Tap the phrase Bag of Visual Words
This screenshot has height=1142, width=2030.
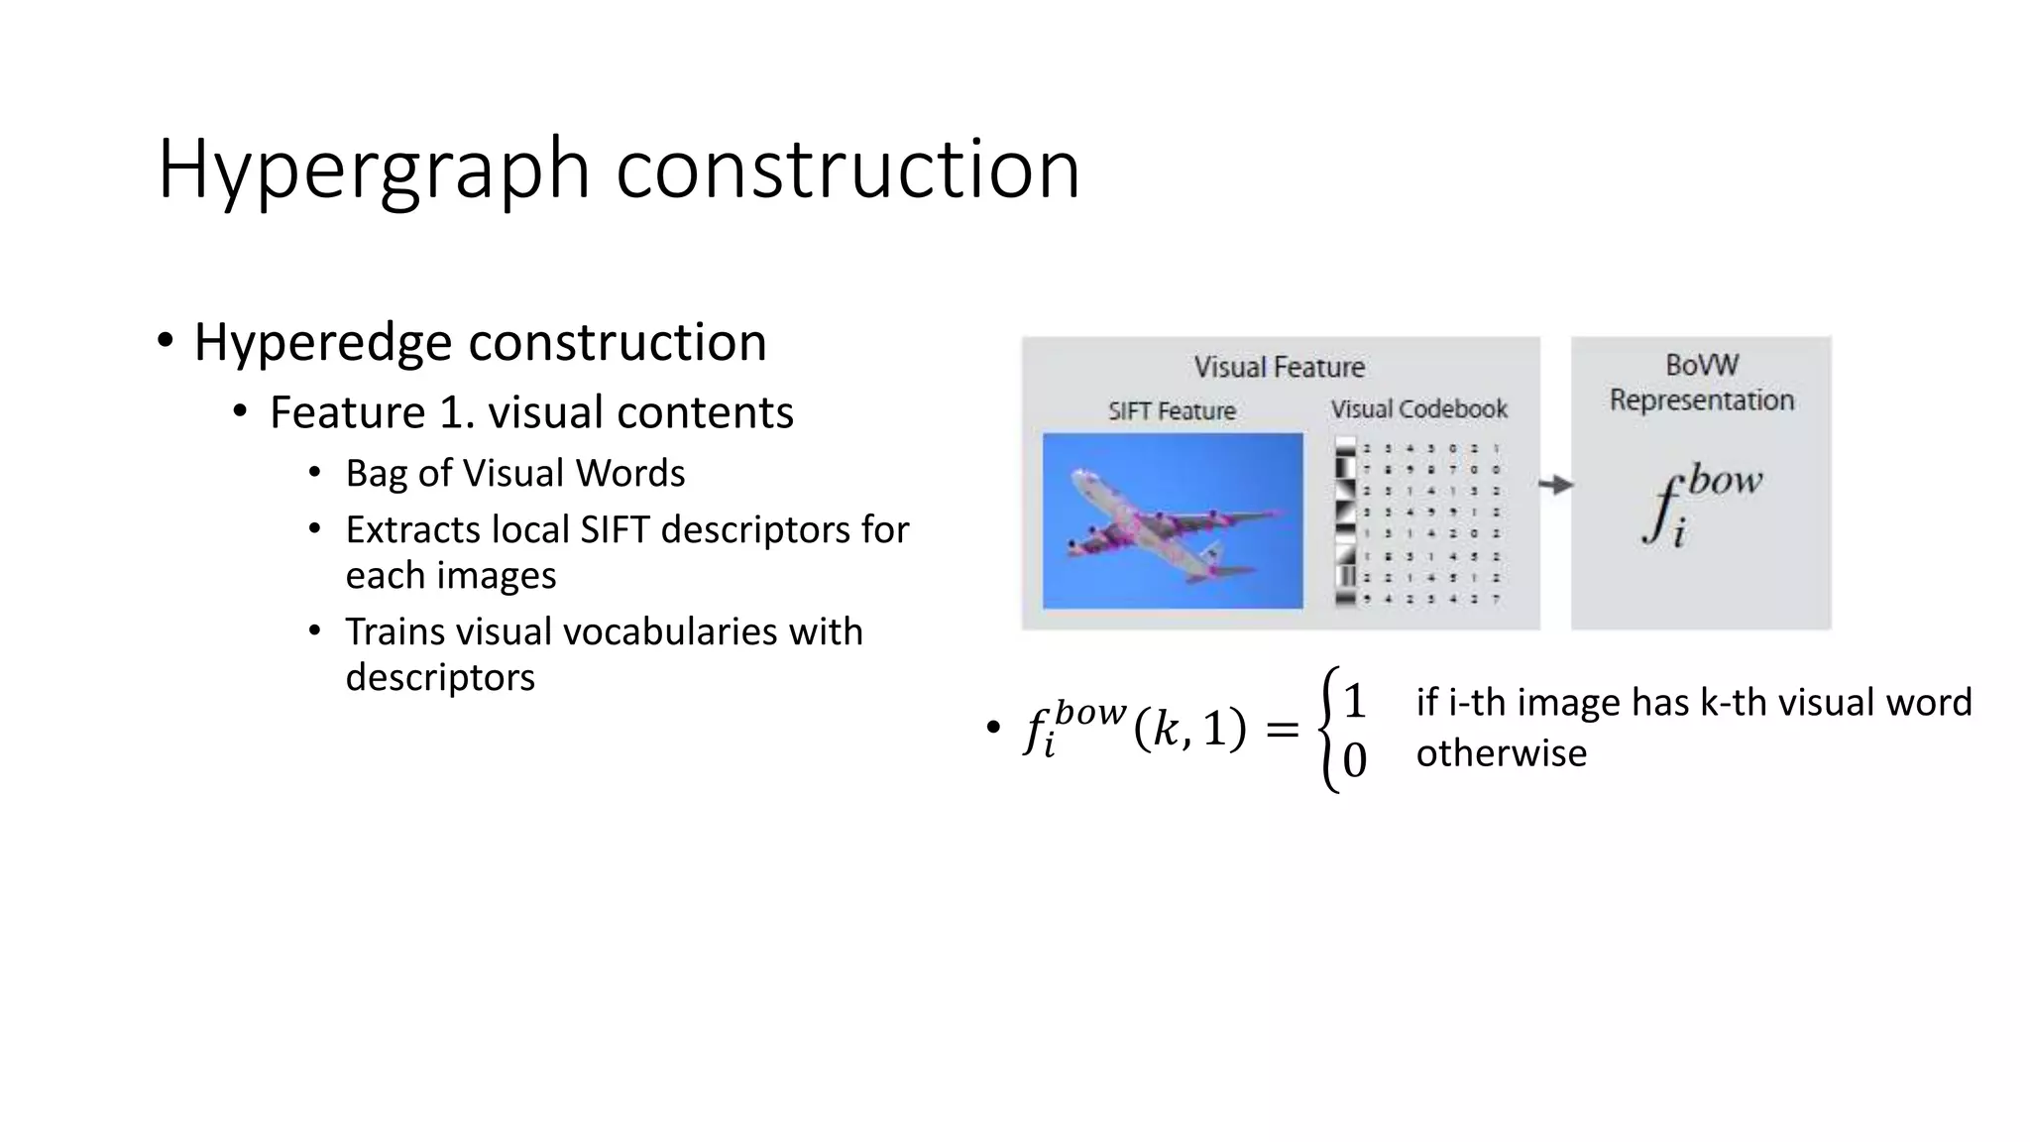tap(514, 473)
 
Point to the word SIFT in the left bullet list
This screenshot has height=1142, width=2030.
tap(616, 530)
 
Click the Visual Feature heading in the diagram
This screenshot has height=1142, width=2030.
tap(1279, 367)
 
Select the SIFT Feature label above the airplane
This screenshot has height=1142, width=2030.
tap(1172, 410)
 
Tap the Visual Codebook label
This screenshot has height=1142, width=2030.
tap(1418, 408)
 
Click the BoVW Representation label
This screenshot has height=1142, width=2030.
tap(1701, 383)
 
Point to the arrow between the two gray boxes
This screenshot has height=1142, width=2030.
tap(1555, 485)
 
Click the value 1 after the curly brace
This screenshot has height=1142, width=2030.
tap(1355, 702)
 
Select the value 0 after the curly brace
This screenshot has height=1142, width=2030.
tap(1355, 760)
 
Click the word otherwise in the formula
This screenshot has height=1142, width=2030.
tap(1501, 753)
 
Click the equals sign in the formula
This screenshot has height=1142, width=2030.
tap(1282, 730)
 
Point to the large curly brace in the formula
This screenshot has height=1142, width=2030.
tap(1328, 730)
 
